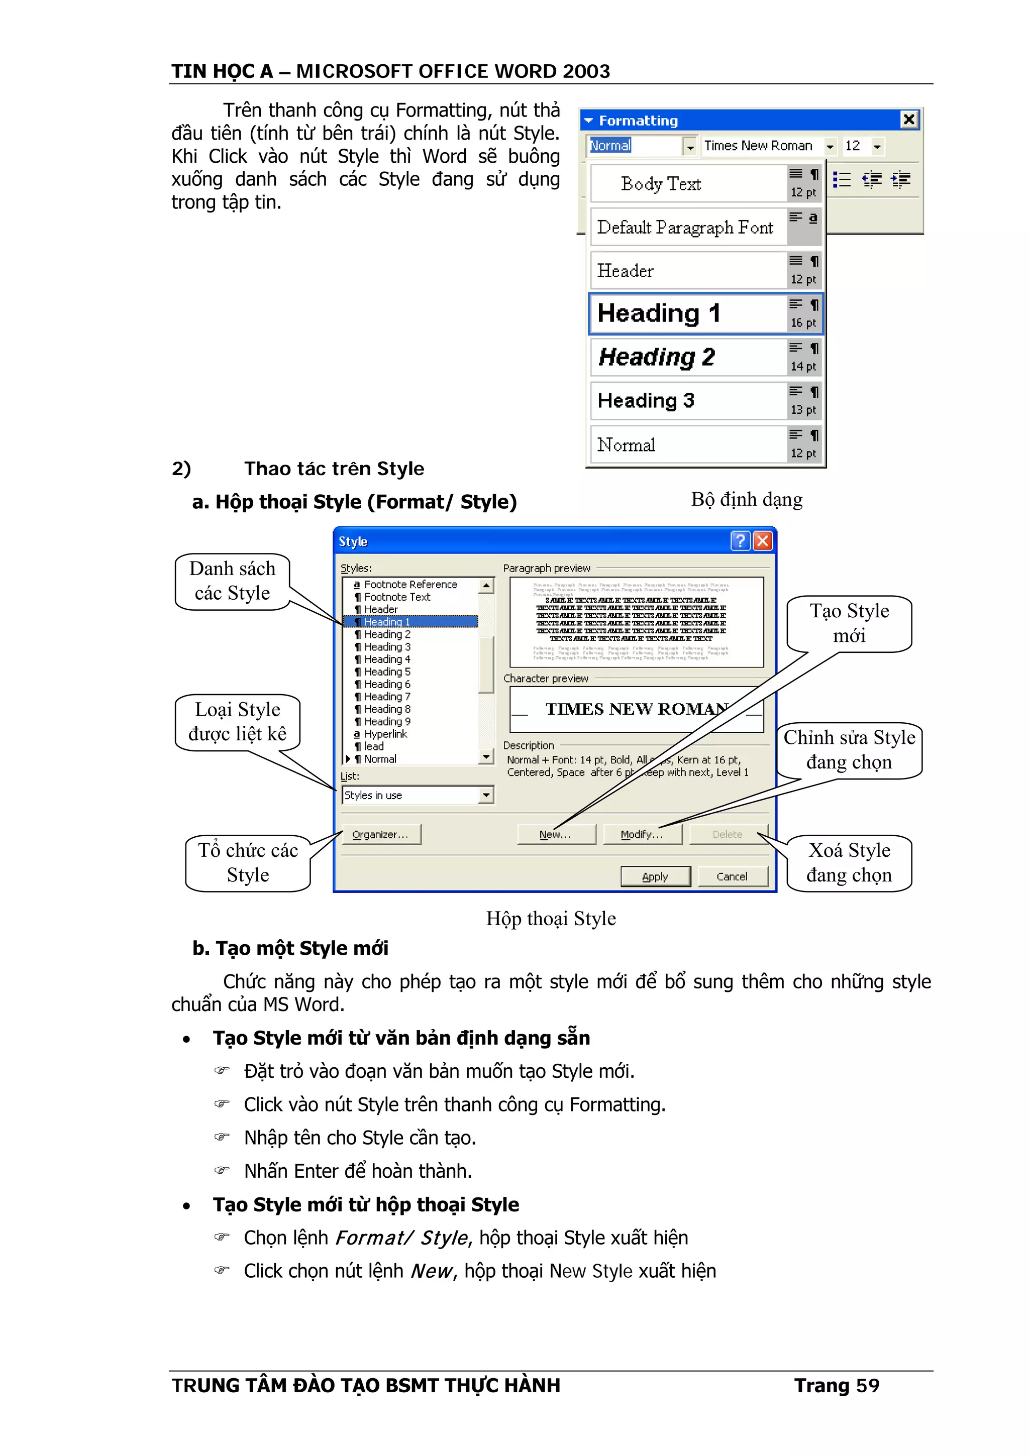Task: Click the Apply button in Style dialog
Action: [655, 876]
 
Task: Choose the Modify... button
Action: [642, 835]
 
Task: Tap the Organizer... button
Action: [380, 835]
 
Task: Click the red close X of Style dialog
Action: [763, 540]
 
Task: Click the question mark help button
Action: [740, 540]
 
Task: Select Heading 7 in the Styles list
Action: [387, 697]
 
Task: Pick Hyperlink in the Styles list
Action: [385, 734]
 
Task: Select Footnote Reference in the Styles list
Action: [410, 584]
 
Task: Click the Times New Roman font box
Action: [758, 146]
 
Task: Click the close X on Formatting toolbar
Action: [908, 119]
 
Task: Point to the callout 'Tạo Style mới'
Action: [849, 623]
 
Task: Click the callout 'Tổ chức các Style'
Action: [248, 862]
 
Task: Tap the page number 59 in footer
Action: [867, 1385]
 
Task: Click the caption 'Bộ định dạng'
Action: [746, 499]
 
